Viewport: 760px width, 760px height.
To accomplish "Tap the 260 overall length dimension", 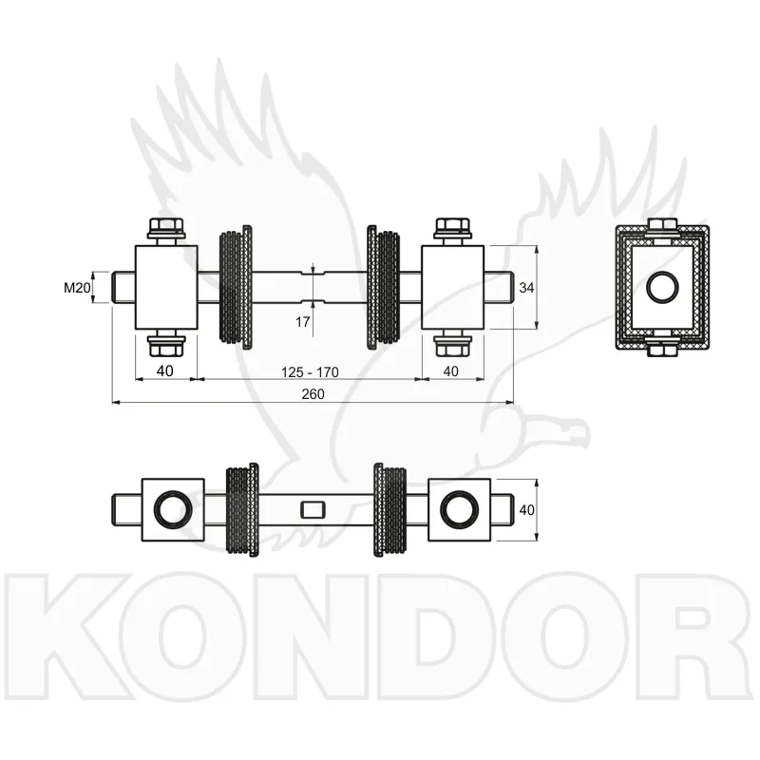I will point(313,394).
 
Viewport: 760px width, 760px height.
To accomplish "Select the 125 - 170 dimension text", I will point(312,370).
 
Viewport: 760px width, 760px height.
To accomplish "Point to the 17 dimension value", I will point(303,322).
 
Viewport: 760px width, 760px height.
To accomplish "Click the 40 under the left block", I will point(165,370).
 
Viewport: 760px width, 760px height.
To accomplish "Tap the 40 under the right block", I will point(450,370).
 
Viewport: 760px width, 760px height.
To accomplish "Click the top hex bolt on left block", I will point(166,229).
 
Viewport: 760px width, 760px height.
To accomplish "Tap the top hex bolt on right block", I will point(452,229).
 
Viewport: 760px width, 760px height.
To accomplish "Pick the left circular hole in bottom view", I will point(173,509).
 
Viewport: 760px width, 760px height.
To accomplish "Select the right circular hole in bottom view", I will point(460,509).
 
